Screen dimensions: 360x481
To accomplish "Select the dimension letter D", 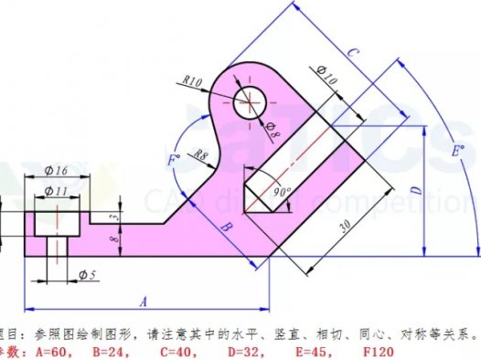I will (x=415, y=190).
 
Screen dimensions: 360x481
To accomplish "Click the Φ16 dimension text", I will (x=58, y=171).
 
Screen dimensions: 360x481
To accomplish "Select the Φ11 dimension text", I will (x=58, y=190).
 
